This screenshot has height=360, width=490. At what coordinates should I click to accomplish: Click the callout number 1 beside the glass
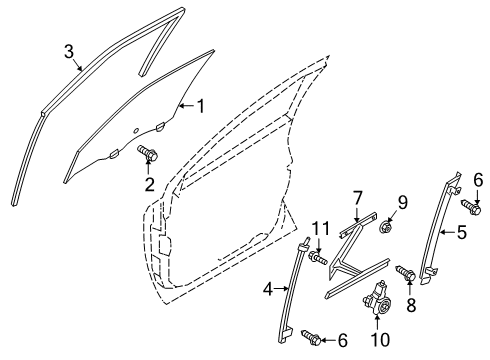coord(199,105)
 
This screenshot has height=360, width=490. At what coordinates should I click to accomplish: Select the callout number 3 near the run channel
coord(68,50)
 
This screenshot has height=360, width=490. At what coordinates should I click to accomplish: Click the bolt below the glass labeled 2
coord(150,154)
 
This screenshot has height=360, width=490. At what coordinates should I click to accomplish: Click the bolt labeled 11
coord(319,288)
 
